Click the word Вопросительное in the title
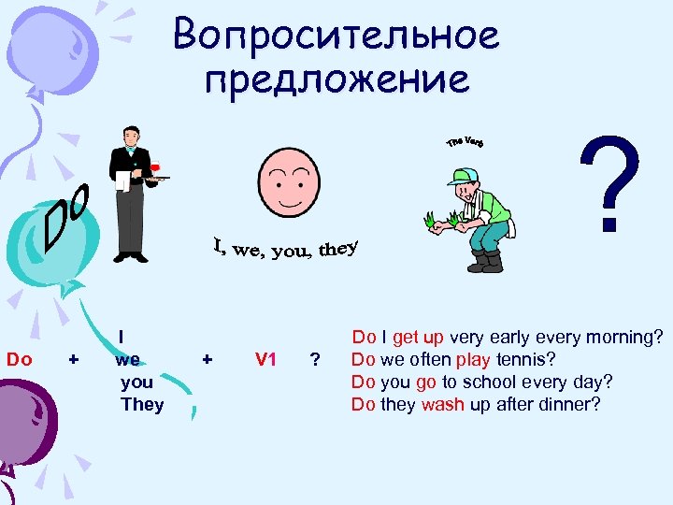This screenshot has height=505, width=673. [336, 36]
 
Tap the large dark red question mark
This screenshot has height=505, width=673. [611, 182]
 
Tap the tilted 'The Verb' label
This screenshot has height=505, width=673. [465, 141]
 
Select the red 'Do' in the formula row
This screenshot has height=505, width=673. [20, 359]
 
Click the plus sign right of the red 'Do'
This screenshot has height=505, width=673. [74, 359]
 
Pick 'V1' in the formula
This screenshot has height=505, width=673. [265, 359]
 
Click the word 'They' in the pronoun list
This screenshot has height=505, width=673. [142, 405]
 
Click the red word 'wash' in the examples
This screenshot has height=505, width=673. [443, 405]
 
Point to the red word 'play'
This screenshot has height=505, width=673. [473, 359]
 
